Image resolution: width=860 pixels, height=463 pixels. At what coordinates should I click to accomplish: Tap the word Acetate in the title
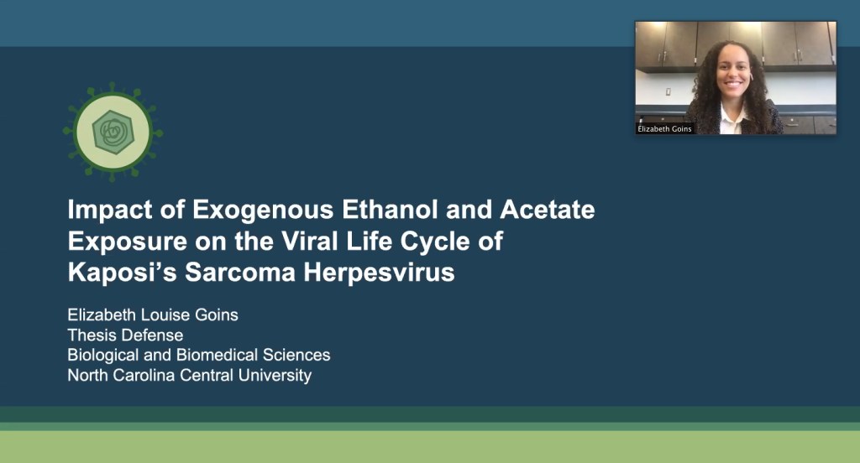548,210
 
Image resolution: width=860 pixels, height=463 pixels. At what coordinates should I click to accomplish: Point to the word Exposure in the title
128,242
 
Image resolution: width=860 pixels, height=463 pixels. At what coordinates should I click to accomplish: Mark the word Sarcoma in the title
240,273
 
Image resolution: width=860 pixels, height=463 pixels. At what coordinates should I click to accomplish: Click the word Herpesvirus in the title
379,273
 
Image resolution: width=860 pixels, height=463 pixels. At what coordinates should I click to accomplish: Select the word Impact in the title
110,211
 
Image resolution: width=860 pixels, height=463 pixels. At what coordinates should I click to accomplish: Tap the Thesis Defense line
125,335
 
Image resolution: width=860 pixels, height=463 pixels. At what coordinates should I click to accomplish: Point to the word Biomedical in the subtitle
217,355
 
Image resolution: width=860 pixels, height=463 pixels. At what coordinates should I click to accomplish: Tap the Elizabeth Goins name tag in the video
665,129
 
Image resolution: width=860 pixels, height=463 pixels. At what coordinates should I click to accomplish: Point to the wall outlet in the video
669,92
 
